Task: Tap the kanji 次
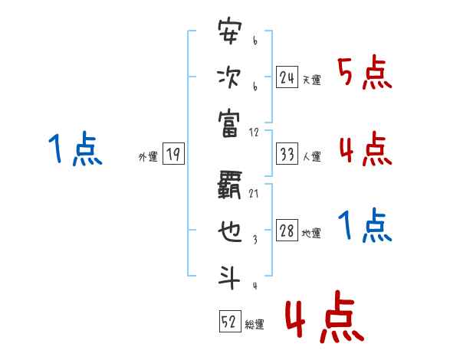230,78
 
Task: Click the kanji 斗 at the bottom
230,275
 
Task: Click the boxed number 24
287,77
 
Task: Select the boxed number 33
287,154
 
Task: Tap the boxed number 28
287,231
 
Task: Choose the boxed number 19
172,155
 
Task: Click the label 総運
254,325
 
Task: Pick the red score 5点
365,74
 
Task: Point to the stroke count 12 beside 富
255,131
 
